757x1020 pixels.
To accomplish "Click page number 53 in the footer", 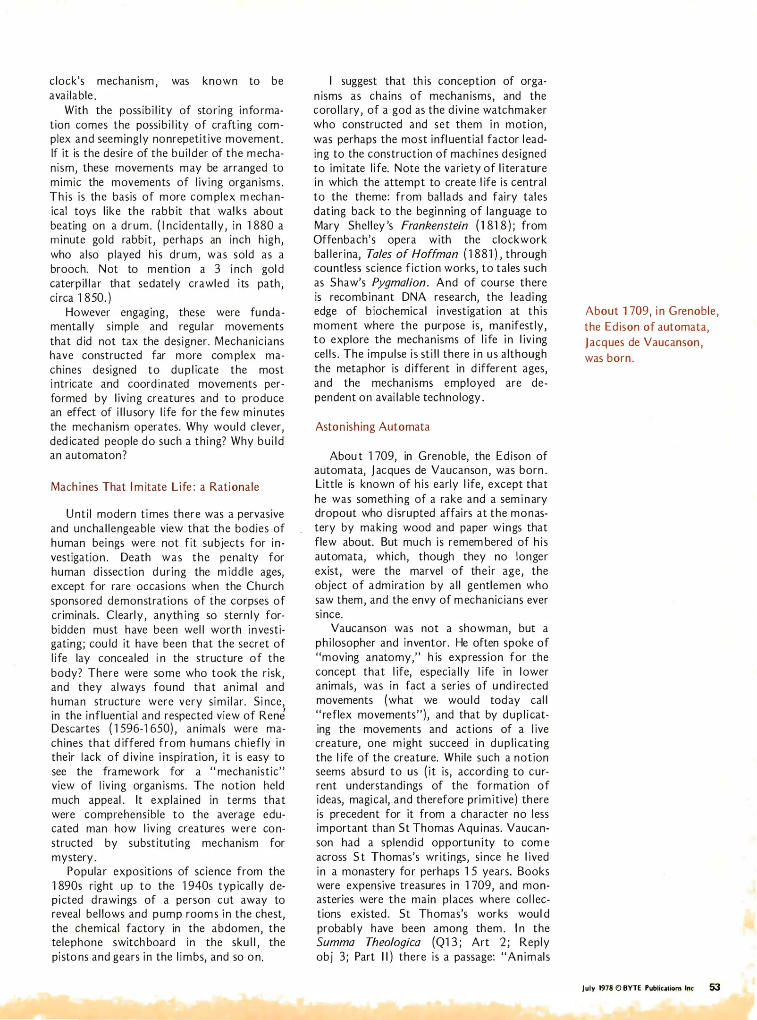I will [x=715, y=987].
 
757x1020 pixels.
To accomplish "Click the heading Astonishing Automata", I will [x=372, y=427].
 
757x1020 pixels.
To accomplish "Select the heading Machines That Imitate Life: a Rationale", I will [x=155, y=487].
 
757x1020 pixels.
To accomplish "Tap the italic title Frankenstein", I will [x=434, y=226].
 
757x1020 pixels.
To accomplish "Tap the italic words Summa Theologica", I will [x=369, y=942].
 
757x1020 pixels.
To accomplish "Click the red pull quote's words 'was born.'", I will [x=609, y=358].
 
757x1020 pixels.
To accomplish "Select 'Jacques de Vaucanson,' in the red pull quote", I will [x=644, y=342].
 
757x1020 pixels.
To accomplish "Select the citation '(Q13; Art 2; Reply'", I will [x=491, y=942].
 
